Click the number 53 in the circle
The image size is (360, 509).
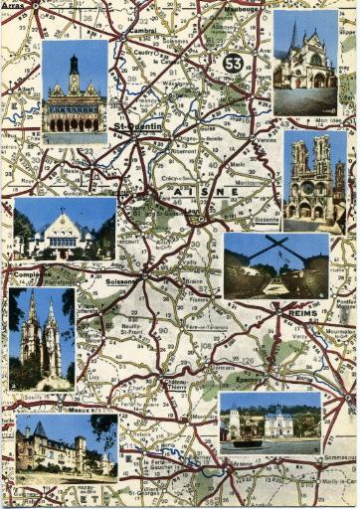tap(233, 63)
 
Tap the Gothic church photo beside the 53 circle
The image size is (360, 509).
tap(304, 63)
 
